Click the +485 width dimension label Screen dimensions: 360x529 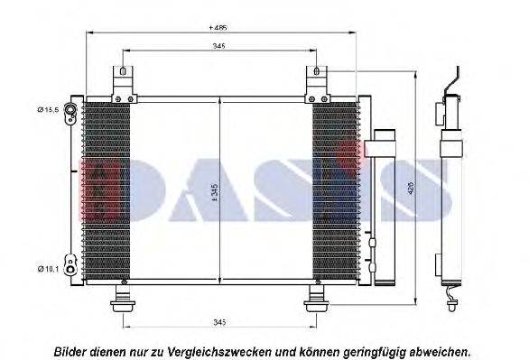click(218, 28)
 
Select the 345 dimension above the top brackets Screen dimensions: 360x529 click(218, 46)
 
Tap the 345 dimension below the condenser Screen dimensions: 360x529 click(218, 322)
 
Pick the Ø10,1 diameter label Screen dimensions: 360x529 click(48, 266)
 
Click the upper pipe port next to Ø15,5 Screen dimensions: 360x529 click(70, 111)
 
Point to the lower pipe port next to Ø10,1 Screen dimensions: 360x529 click(70, 264)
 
